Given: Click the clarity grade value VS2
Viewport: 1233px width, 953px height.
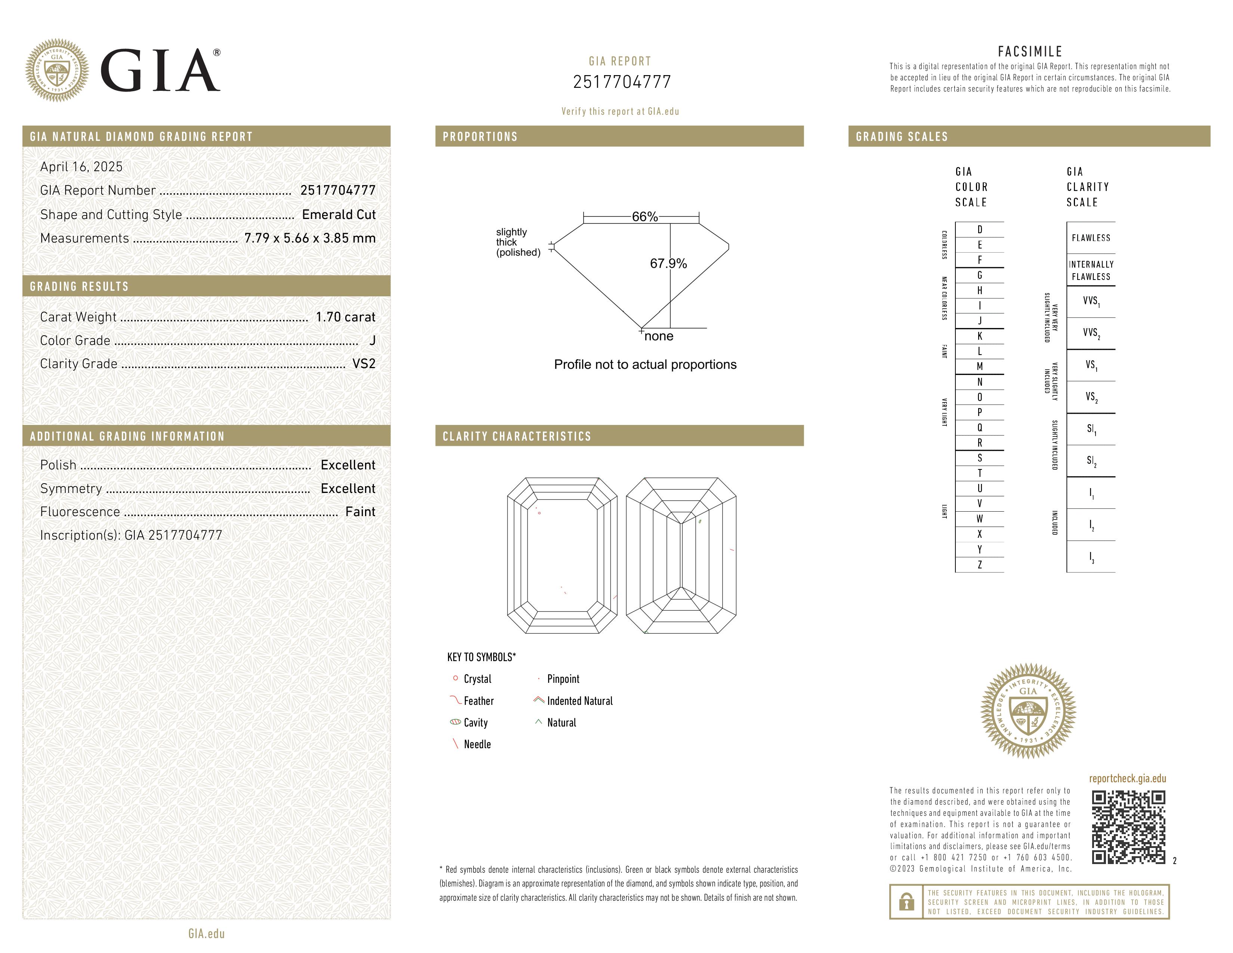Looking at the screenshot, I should [x=364, y=364].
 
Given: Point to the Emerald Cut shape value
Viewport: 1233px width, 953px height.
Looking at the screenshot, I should [x=339, y=215].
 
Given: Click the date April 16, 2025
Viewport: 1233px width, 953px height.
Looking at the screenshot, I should [x=81, y=167].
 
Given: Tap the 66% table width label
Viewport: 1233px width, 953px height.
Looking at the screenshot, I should [x=645, y=217].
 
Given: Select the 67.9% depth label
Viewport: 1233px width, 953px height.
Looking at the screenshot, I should [x=668, y=263].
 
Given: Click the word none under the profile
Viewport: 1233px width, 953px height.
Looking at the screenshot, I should [x=659, y=336].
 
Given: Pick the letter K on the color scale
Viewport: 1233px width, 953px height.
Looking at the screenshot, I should [x=980, y=336].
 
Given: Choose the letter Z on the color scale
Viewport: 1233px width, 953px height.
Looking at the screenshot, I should [x=980, y=565].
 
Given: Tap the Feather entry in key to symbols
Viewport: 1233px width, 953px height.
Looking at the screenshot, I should [x=478, y=701].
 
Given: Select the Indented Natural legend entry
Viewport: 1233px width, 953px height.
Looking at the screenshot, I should [x=579, y=701].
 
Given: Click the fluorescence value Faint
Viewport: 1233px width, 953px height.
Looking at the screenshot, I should [x=360, y=512].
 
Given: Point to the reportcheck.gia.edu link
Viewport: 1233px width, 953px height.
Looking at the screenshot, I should [x=1127, y=778].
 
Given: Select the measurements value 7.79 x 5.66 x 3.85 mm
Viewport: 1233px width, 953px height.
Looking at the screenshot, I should [x=310, y=238].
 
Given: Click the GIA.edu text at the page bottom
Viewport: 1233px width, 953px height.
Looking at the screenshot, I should [x=207, y=933].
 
